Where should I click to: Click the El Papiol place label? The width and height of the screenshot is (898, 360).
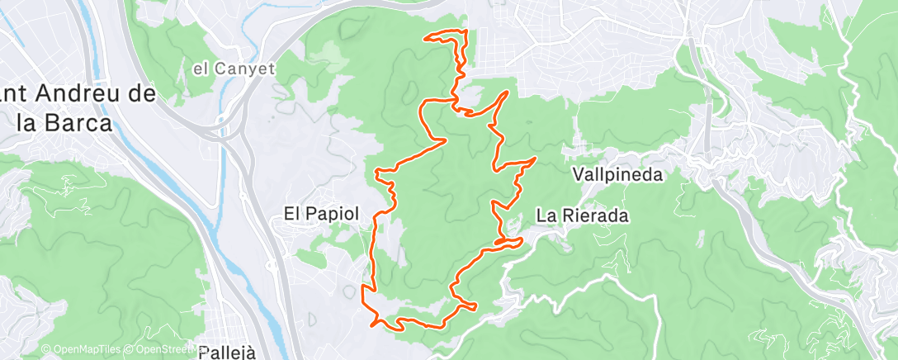click(x=321, y=213)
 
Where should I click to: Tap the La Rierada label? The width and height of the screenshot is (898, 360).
click(x=583, y=216)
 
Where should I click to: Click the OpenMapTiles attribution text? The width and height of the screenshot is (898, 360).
click(x=83, y=350)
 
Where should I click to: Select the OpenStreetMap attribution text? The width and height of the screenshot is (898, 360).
click(x=165, y=350)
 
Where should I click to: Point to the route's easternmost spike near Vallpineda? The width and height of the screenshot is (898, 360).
click(x=536, y=157)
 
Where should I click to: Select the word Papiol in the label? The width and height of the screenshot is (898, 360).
click(x=333, y=213)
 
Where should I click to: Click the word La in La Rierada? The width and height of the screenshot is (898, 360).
click(x=546, y=216)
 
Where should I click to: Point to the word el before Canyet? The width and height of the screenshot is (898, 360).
click(x=200, y=69)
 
